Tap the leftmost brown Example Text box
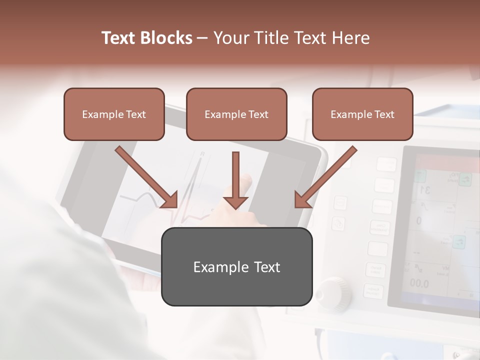click(114, 114)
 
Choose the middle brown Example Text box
click(236, 114)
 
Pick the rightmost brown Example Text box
click(362, 114)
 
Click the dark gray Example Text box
click(236, 266)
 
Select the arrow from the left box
click(147, 177)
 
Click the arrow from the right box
click(325, 177)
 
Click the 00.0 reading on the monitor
click(419, 284)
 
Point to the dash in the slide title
click(202, 38)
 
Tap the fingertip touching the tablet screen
click(244, 178)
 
